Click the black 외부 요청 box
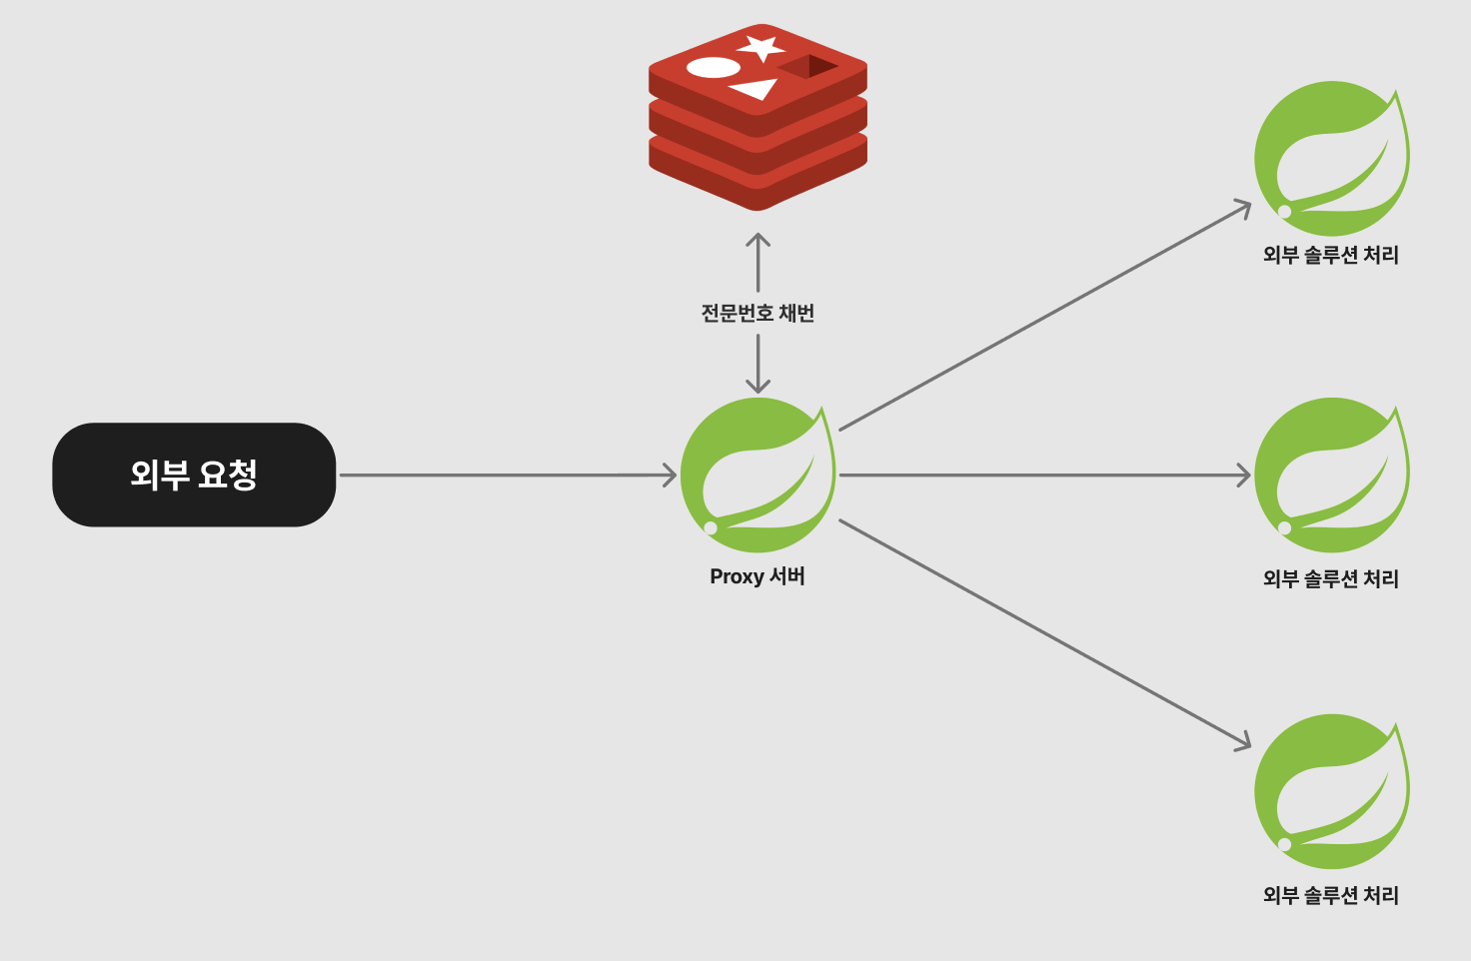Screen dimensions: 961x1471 coord(194,475)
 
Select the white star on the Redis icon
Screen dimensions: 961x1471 coord(761,47)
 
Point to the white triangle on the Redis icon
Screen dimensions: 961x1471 coord(755,90)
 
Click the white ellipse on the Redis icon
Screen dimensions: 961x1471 coord(714,68)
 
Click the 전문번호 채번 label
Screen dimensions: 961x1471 coord(757,314)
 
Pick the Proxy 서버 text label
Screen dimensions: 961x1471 coord(757,576)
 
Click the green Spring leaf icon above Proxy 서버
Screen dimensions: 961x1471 coord(757,475)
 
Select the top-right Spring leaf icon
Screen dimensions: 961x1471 coord(1331,158)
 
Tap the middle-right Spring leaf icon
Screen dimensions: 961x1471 coord(1331,475)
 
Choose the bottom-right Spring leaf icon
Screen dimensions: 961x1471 coord(1331,791)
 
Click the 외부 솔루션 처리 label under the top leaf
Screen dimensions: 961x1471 coord(1331,255)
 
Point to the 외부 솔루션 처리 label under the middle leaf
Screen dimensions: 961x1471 coord(1331,578)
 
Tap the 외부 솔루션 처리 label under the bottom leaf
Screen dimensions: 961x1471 coord(1331,895)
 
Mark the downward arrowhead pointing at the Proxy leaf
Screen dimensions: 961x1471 coord(757,386)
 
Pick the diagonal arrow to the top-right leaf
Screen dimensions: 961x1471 coord(1044,317)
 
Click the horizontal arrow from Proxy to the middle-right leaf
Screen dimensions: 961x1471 coord(1044,476)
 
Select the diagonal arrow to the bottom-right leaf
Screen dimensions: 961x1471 coord(1044,633)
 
